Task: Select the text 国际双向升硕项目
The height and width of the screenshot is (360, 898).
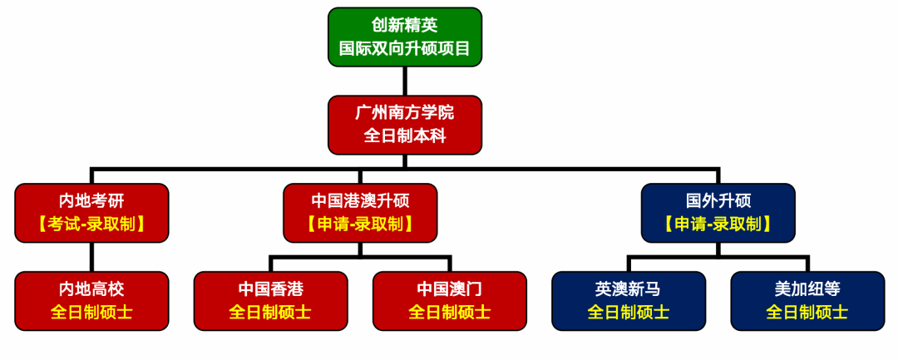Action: click(404, 49)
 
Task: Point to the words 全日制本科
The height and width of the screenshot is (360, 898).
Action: click(404, 136)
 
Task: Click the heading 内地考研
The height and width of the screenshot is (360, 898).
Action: click(91, 200)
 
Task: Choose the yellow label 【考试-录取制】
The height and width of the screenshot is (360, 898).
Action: click(91, 224)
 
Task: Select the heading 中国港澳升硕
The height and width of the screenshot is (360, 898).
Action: click(359, 200)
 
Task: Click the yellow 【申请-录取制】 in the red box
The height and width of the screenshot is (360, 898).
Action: click(359, 224)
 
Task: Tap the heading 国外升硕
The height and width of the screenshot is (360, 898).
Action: click(718, 200)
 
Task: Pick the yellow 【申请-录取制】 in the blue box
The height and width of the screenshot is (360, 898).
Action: click(718, 224)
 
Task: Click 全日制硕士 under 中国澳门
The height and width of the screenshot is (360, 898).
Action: click(449, 313)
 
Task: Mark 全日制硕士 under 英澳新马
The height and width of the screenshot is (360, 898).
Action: click(629, 313)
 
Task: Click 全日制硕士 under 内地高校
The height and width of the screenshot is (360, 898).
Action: click(91, 313)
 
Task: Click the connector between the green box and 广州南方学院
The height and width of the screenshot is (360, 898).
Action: click(404, 81)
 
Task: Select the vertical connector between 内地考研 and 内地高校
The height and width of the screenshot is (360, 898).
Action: click(91, 257)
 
